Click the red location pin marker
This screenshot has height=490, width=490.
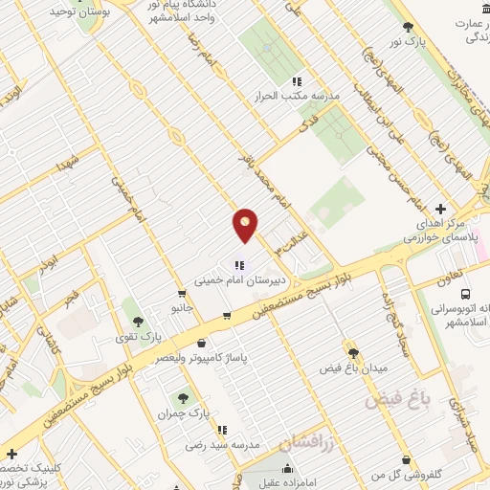click(x=246, y=224)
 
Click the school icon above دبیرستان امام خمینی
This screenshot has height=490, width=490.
click(x=238, y=266)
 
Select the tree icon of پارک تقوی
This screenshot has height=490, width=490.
click(x=138, y=322)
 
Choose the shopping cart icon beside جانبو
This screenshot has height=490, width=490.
click(x=182, y=294)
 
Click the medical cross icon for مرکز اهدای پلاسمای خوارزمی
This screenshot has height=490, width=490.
click(x=440, y=209)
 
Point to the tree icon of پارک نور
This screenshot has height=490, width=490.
click(x=409, y=27)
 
